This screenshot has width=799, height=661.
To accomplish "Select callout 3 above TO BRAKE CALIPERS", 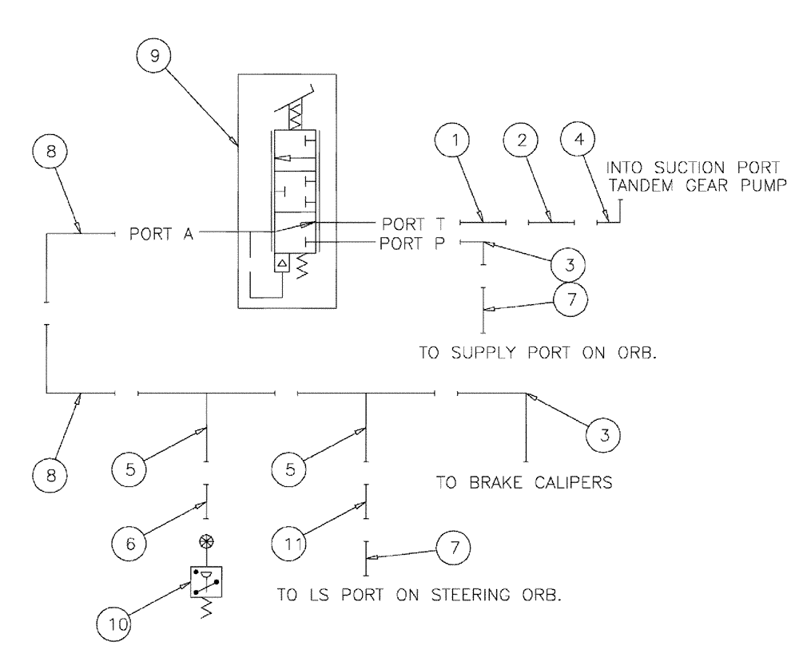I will tap(606, 434).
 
